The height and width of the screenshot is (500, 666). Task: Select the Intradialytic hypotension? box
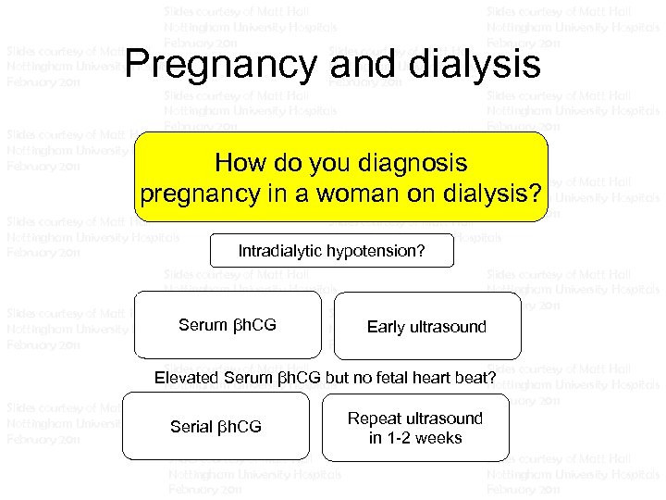[x=332, y=250]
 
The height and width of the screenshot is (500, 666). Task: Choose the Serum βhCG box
[x=228, y=325]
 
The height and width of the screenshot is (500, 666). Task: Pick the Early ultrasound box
[x=426, y=325]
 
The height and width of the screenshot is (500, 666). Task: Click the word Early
[x=387, y=326]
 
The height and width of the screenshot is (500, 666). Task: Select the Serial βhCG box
[x=216, y=426]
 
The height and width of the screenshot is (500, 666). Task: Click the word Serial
[x=191, y=427]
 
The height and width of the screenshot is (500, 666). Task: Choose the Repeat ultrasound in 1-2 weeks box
[x=415, y=427]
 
